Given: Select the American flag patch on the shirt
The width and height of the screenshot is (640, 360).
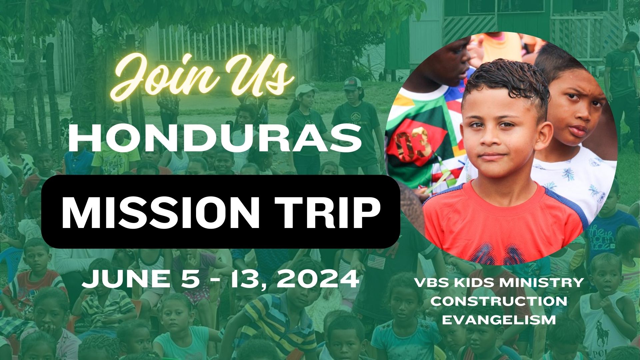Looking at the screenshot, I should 376,262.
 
